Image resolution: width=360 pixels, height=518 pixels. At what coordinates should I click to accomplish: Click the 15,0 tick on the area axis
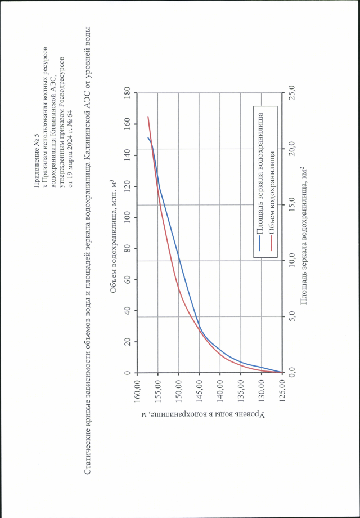click(291, 204)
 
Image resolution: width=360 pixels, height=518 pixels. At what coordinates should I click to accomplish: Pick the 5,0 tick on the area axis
click(291, 317)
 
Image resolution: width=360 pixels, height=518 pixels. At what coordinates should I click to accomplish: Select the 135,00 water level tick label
click(240, 392)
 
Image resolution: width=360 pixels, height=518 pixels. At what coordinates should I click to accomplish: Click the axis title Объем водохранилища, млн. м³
click(114, 231)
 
